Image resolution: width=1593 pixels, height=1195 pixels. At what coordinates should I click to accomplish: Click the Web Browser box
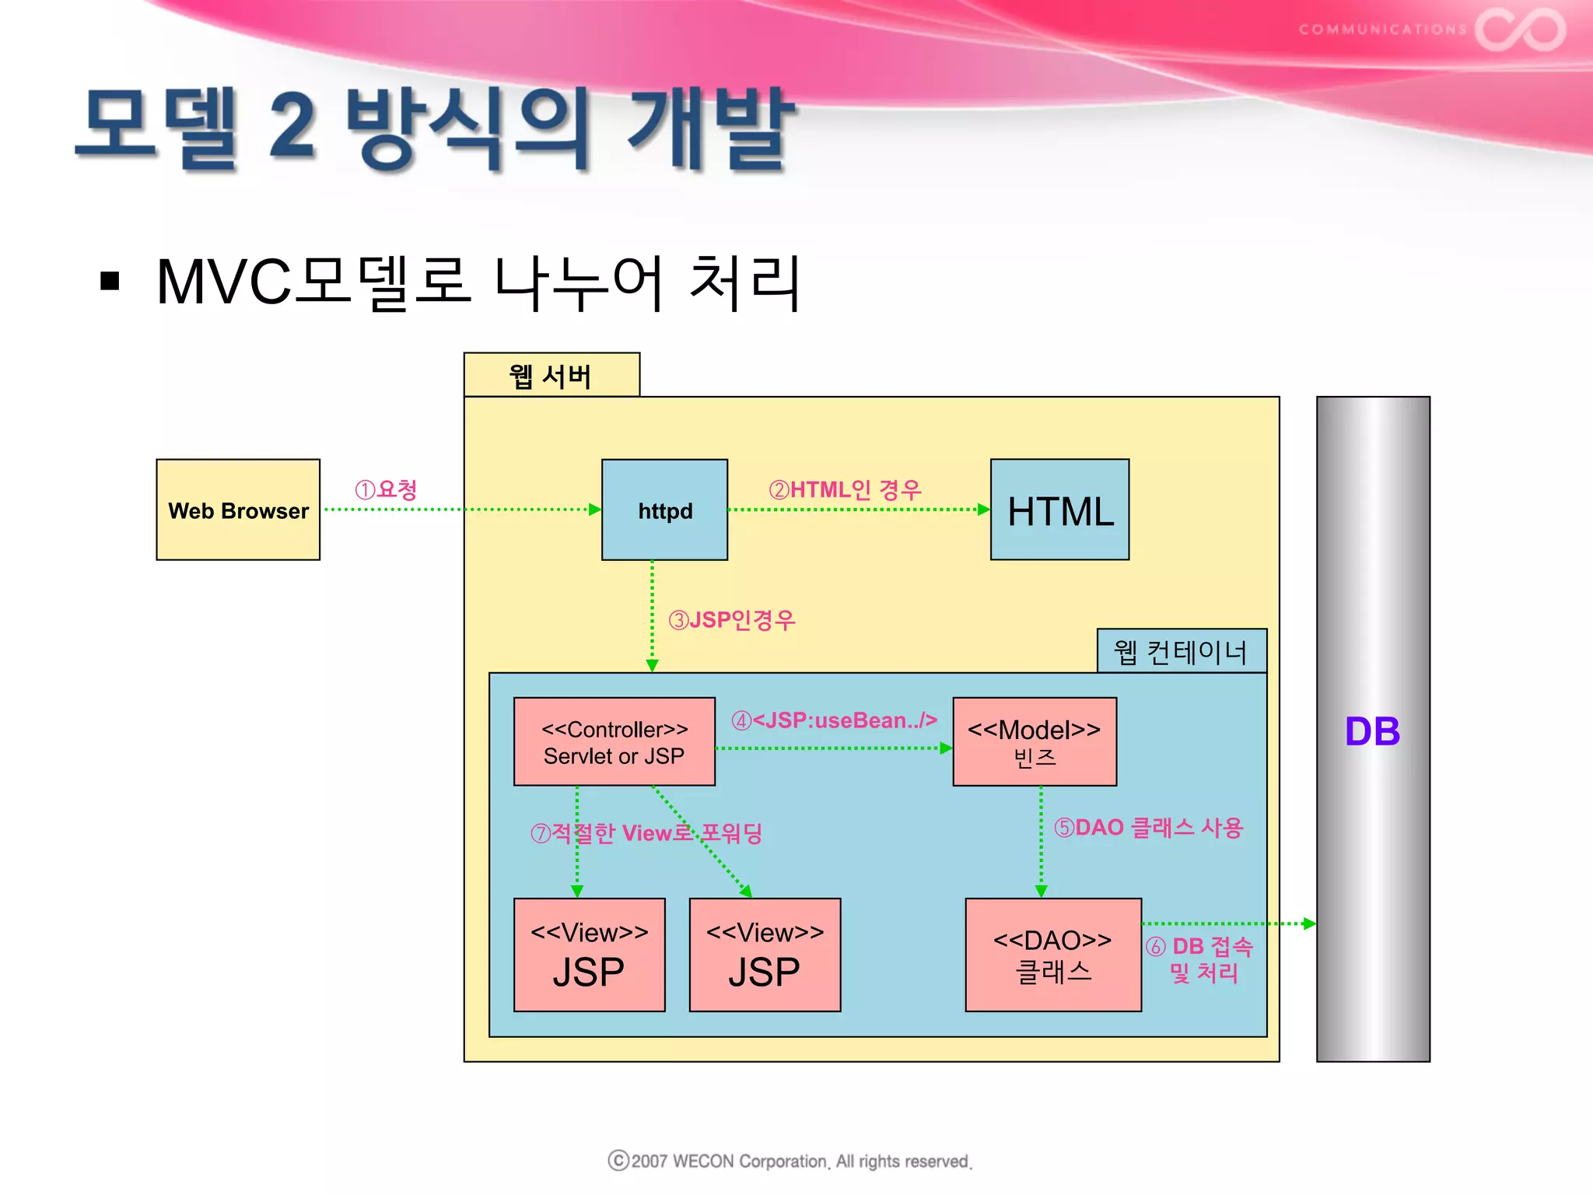(x=238, y=510)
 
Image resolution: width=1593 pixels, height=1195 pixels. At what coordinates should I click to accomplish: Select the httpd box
(x=664, y=510)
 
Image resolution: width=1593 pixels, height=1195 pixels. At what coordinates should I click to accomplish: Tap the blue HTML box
(x=1059, y=510)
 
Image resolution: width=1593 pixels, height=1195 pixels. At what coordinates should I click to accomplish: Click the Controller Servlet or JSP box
(x=614, y=741)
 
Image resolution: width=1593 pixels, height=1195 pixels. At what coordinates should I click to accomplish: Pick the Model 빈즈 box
(x=1035, y=741)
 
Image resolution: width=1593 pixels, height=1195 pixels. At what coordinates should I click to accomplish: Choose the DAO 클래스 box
(x=1053, y=955)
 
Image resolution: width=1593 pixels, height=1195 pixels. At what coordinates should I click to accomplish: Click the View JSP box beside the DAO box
(x=765, y=955)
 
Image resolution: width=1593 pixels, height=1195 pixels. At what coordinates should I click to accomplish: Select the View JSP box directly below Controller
(x=590, y=955)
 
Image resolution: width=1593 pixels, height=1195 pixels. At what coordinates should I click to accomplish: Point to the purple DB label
(x=1372, y=731)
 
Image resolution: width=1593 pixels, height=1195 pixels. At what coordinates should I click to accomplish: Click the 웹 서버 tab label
(x=551, y=376)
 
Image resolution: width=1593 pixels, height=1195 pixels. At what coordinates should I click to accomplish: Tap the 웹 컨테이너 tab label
(x=1181, y=651)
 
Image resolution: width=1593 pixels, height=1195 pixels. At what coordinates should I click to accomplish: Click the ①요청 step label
(x=387, y=489)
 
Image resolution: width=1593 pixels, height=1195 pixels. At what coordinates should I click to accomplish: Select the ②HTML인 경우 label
(x=846, y=489)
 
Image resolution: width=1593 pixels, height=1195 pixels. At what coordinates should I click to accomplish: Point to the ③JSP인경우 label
(x=732, y=620)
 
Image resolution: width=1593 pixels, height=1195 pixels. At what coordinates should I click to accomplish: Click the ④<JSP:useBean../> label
(x=834, y=720)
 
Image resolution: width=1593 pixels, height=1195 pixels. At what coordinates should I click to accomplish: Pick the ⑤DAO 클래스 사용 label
(x=1149, y=827)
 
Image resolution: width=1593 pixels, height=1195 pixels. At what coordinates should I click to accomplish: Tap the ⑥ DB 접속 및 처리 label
(x=1200, y=959)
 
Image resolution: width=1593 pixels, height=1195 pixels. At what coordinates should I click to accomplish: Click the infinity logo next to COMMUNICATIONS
(x=1520, y=30)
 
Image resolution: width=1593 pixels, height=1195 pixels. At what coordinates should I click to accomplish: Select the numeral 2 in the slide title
(x=292, y=126)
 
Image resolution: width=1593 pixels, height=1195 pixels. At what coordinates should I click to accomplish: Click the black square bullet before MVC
(x=110, y=281)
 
